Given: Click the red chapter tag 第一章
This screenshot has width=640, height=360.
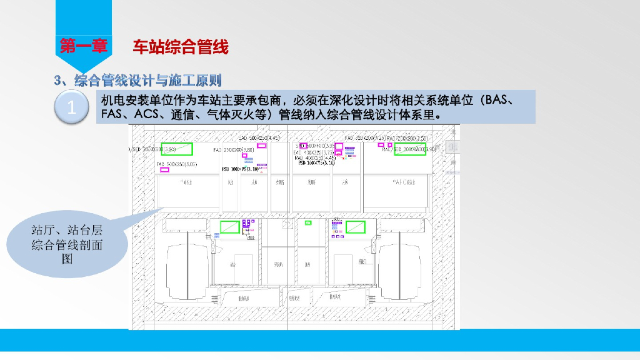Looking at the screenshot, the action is coord(84,46).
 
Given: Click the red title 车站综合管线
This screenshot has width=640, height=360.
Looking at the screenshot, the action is coord(181,46).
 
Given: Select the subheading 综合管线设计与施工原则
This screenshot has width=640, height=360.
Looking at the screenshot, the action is coord(147,81).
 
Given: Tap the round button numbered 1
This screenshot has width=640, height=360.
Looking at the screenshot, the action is coord(72,107).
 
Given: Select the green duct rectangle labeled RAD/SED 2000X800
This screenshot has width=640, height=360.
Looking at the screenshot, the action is coord(413,150).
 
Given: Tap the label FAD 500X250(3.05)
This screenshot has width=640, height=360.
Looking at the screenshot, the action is coord(177,164).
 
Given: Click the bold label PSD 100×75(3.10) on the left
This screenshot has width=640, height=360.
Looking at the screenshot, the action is coord(240,169).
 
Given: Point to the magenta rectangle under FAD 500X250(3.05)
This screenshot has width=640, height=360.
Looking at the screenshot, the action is coord(165,170).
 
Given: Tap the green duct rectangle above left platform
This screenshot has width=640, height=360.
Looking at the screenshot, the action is coord(229,226).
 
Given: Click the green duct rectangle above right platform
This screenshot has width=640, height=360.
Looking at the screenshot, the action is coord(356,226).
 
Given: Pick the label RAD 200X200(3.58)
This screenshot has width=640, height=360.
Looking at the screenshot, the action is coord(407,137).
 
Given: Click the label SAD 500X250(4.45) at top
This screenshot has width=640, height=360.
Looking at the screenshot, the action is coord(259,137).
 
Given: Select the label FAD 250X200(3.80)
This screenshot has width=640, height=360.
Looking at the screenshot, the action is coord(234,151).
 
